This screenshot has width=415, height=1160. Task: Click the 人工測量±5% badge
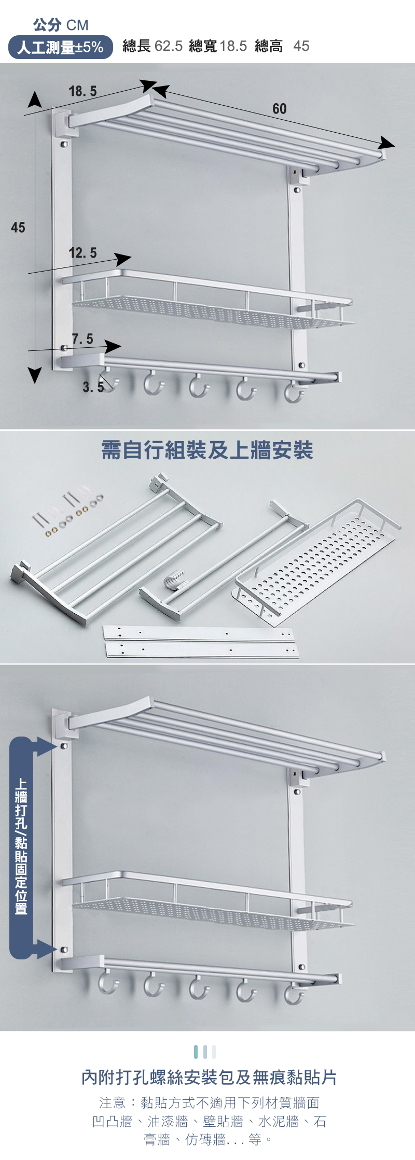(61, 47)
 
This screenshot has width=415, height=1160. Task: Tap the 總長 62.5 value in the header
(153, 46)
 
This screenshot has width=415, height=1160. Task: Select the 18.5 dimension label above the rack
(83, 91)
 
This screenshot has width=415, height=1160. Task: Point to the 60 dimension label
(279, 109)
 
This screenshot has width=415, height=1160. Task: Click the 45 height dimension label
(18, 228)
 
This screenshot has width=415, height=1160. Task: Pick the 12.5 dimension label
(83, 253)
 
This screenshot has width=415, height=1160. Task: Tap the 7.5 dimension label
(82, 339)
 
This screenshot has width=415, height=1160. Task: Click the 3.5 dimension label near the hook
(93, 387)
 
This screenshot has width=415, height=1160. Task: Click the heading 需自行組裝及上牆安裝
(207, 450)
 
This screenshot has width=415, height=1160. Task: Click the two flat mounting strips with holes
(201, 642)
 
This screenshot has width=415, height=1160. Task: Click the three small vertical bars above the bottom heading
(205, 1052)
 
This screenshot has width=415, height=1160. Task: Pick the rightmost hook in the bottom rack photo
(294, 991)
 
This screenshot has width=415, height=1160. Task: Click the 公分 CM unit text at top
(61, 24)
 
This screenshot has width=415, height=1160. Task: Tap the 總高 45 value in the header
(282, 46)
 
